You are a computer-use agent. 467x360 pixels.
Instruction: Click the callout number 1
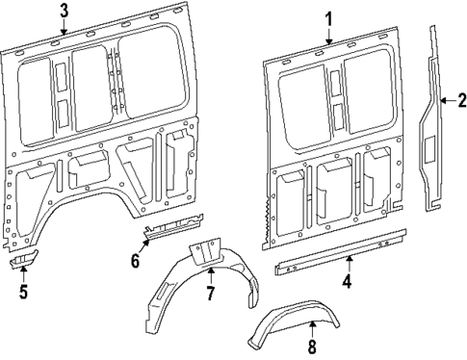coord(328,18)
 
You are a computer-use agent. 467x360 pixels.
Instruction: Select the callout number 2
coord(461,99)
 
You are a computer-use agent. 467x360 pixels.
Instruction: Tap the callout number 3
coord(64,12)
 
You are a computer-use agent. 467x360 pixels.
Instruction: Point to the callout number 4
coord(348,283)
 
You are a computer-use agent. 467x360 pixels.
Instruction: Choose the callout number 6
coord(136,260)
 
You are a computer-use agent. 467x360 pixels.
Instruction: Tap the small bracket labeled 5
coord(24,262)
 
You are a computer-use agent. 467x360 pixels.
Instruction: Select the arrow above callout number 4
coord(348,264)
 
